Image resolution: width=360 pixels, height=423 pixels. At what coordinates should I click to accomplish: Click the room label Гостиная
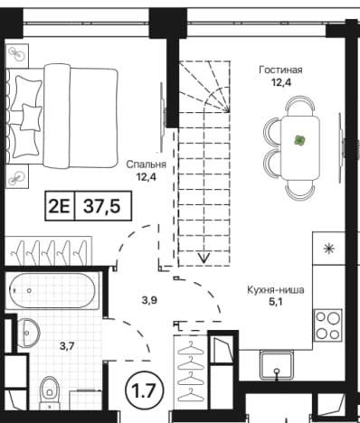[x=280, y=70]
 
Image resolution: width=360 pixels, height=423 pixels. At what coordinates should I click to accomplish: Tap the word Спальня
[x=146, y=164]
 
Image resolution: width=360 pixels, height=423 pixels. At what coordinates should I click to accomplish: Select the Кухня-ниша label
[x=276, y=290]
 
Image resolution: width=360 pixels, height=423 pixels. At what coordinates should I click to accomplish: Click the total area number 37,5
[x=101, y=206]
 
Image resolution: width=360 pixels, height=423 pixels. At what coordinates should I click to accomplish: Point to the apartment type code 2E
[x=60, y=206]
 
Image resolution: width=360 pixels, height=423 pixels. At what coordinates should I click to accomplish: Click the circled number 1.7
[x=145, y=390]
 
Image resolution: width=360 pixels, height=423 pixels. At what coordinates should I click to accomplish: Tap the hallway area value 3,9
[x=149, y=300]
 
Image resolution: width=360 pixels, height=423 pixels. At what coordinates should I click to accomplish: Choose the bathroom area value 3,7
[x=67, y=346]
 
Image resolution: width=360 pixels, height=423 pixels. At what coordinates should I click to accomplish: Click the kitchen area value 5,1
[x=275, y=302]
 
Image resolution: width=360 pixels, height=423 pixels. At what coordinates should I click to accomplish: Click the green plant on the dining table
[x=300, y=140]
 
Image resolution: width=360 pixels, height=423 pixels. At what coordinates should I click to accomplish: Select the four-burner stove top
[x=327, y=325]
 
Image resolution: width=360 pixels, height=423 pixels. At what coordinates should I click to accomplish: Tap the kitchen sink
[x=277, y=365]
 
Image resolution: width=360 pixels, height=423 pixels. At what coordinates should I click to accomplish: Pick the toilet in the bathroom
[x=50, y=390]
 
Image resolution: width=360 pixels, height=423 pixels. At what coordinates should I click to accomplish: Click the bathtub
[x=52, y=290]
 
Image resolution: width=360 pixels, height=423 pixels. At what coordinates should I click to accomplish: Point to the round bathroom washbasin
[x=28, y=333]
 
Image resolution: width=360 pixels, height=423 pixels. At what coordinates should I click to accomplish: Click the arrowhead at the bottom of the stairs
[x=204, y=258]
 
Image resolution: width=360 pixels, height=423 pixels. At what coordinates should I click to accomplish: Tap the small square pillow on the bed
[x=31, y=117]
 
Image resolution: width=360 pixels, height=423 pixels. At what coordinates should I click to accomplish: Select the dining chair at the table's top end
[x=300, y=105]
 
